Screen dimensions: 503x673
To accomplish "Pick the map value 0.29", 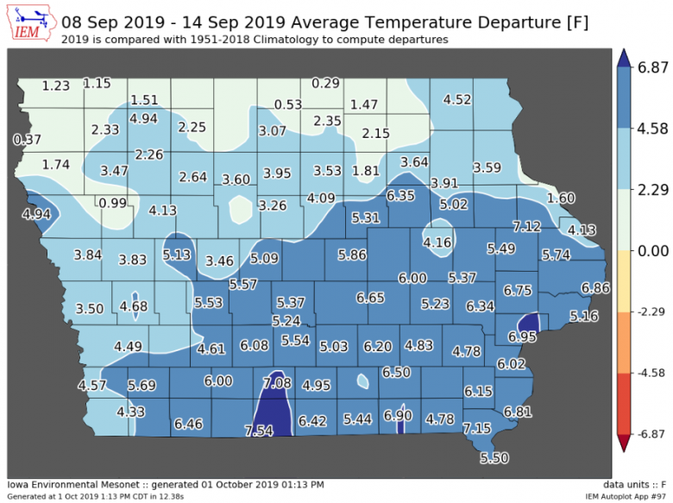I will [x=326, y=83].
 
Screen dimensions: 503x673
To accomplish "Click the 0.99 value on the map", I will [x=113, y=203].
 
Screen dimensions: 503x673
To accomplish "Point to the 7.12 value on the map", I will [x=526, y=227].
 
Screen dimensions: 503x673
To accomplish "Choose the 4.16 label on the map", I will [x=437, y=242].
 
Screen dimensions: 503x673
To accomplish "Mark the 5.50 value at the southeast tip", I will [x=495, y=456].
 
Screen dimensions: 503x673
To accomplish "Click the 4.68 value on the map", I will [x=134, y=306].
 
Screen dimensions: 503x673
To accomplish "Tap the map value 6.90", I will [x=399, y=416].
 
